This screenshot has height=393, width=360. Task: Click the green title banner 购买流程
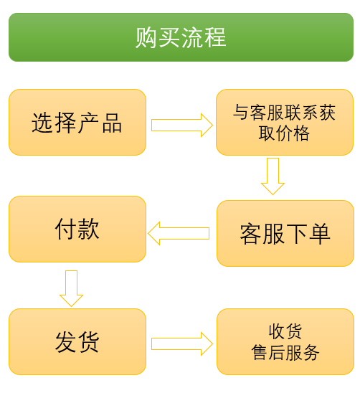(x=181, y=37)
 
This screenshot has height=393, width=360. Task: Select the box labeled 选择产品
(x=77, y=123)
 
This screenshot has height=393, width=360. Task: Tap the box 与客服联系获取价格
(x=285, y=123)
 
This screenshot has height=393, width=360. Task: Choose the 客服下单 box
(x=285, y=233)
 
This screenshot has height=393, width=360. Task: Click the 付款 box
(x=77, y=229)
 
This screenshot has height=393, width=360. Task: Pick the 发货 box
(x=77, y=342)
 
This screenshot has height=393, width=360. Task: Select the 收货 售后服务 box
(x=285, y=342)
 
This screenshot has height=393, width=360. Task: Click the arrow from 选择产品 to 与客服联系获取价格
(x=182, y=125)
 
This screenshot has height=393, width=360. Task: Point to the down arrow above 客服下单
(x=273, y=176)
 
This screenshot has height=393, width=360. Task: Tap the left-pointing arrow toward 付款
(x=179, y=233)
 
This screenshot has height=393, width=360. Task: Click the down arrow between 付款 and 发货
(x=71, y=288)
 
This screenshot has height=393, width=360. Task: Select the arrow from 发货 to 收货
(x=182, y=344)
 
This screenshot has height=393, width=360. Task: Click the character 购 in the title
(x=146, y=37)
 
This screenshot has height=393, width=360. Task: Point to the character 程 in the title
(x=215, y=37)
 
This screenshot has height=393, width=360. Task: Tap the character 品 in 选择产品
(x=112, y=123)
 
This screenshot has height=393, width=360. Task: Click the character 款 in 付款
(x=88, y=229)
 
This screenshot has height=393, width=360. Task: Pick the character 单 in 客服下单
(x=319, y=234)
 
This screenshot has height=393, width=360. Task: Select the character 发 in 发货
(x=66, y=342)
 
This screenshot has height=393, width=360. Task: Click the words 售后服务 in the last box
(x=285, y=352)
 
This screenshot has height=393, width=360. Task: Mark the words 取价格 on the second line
(x=284, y=133)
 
